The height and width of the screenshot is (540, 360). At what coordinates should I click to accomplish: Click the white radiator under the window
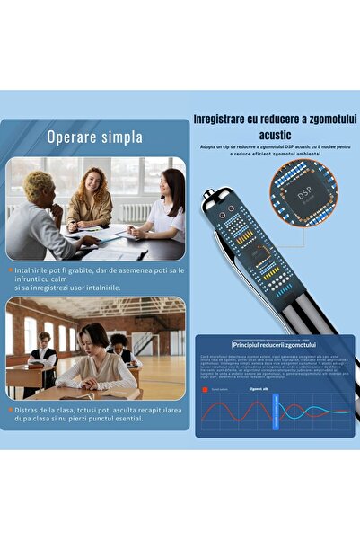134,213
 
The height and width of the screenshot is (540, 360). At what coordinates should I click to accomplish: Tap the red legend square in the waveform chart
206,390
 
